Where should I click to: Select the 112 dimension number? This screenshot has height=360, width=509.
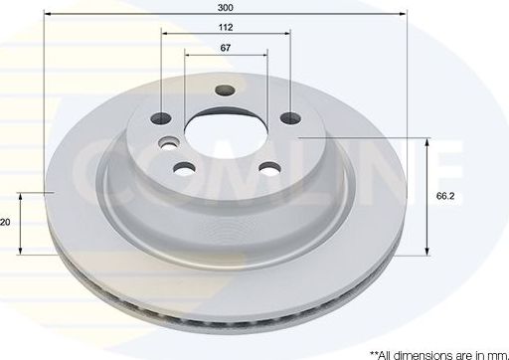coord(227,29)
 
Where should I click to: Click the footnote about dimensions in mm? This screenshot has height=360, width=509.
coord(436,352)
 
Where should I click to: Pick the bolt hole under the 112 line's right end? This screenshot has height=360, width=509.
coord(290,119)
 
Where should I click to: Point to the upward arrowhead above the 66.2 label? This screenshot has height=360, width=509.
coord(427,142)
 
